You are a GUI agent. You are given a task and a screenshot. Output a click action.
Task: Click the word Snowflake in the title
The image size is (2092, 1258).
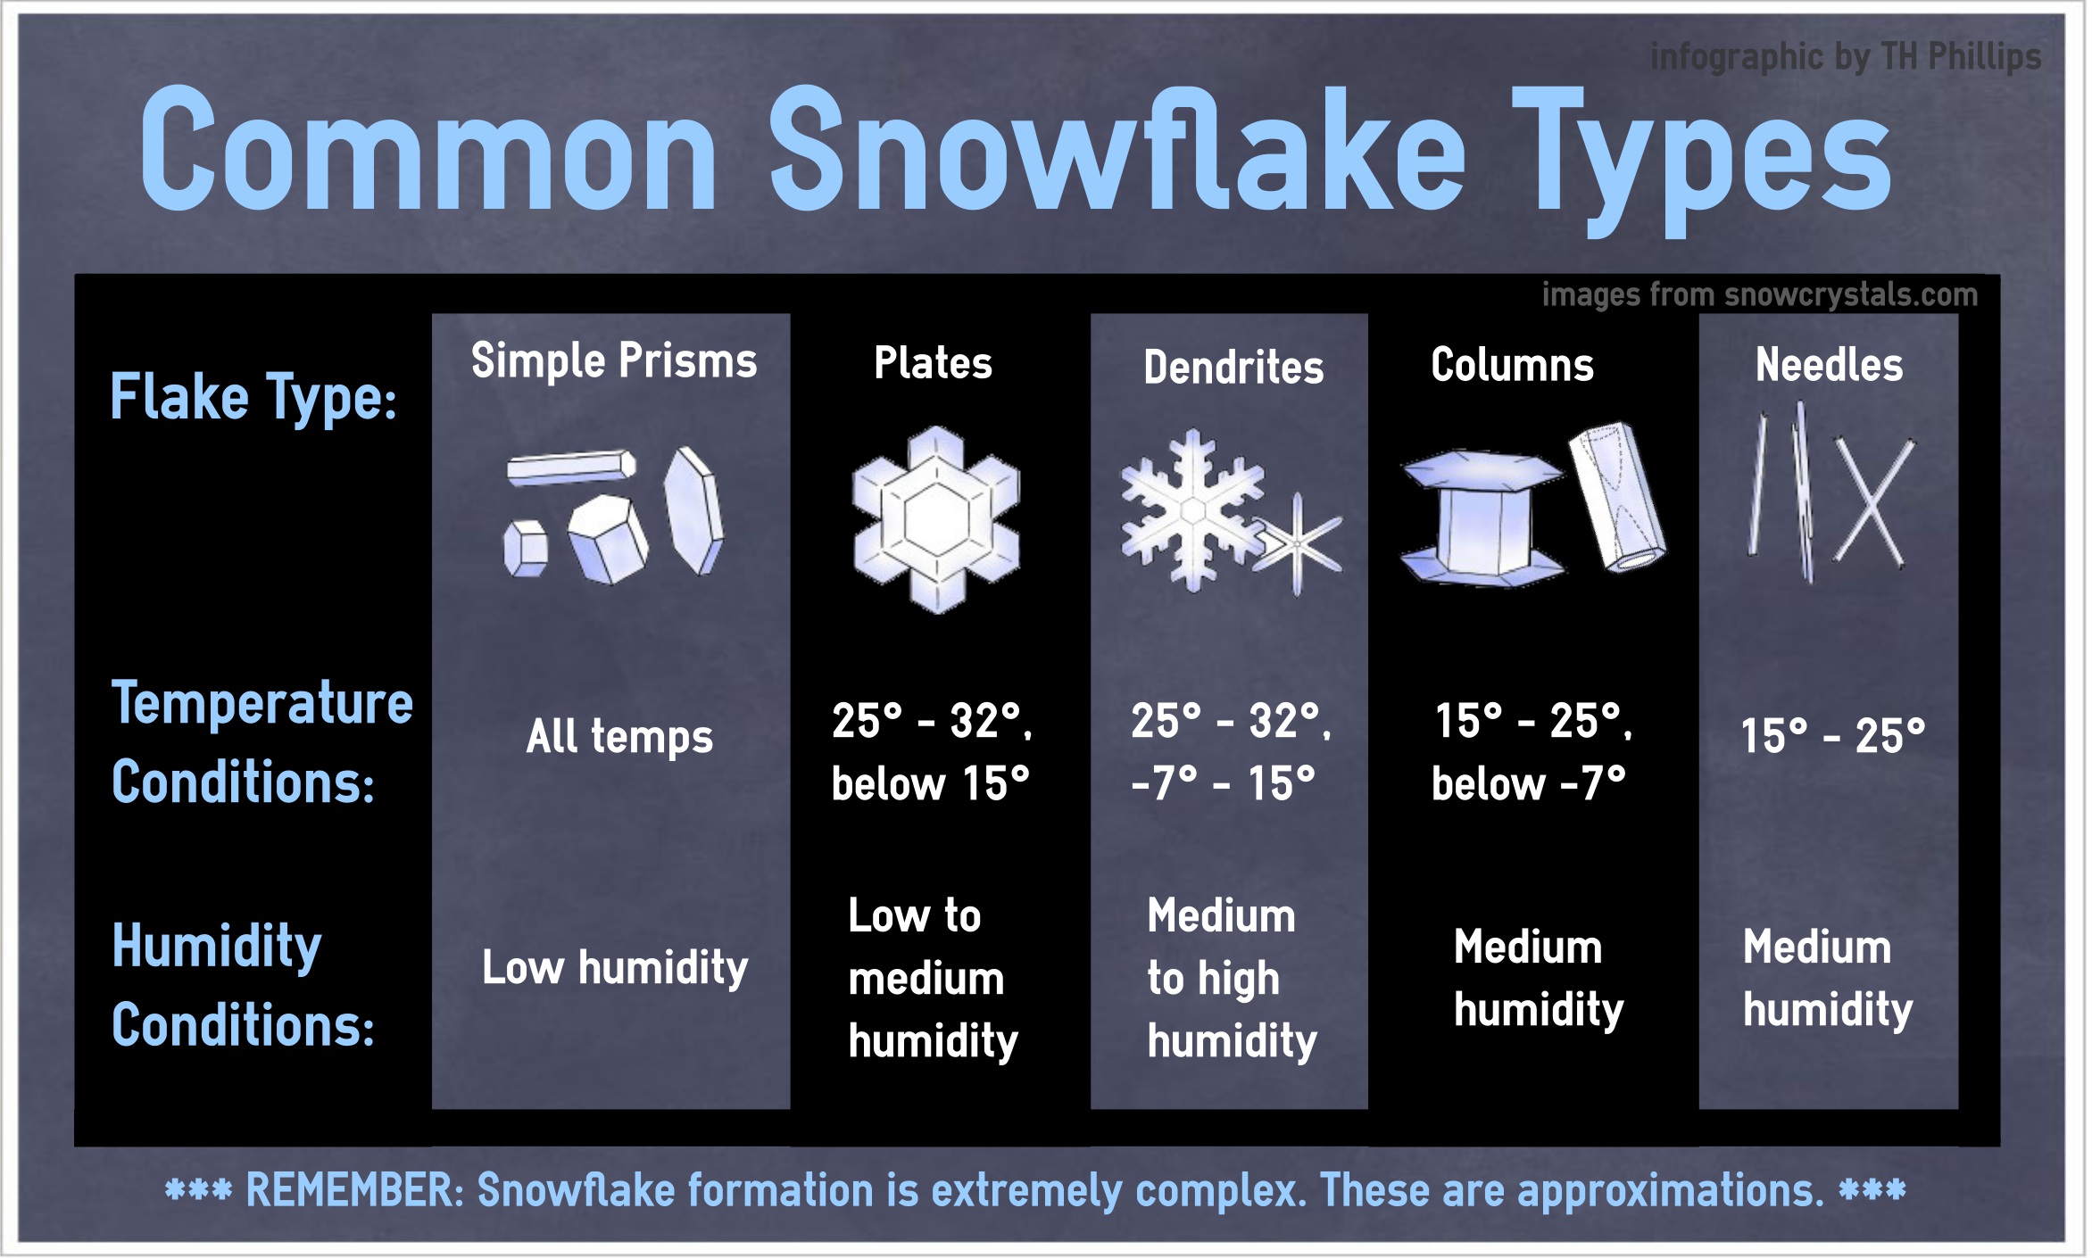pos(1116,152)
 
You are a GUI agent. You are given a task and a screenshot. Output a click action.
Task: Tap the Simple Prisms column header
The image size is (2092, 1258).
pos(614,361)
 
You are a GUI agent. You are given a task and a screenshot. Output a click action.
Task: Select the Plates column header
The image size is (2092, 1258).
pos(933,363)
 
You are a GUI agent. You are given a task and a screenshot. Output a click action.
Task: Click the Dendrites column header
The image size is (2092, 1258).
pos(1233,368)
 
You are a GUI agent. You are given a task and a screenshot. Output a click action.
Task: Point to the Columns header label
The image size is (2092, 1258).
pos(1512,365)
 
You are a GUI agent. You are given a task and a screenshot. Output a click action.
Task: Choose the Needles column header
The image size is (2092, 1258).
pos(1829,365)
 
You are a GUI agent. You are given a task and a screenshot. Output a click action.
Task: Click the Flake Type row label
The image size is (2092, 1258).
pos(253,398)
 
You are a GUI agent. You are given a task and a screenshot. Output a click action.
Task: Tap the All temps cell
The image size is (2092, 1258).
pos(619,737)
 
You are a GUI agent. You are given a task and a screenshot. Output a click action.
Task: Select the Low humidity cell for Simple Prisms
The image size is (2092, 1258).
pos(615,967)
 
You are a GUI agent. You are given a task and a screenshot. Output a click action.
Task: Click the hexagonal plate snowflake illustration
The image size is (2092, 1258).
pos(935,520)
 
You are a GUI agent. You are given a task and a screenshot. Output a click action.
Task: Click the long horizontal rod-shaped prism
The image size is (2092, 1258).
pos(571,468)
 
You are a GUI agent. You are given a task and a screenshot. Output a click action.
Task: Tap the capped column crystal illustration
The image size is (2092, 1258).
pos(1483,518)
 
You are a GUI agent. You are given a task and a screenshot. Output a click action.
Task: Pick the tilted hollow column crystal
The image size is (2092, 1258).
pos(1616,496)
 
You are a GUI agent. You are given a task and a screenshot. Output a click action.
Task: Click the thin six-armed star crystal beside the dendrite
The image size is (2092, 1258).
pos(1298,543)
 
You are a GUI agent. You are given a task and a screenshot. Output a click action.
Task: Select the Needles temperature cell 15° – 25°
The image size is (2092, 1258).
pos(1832,737)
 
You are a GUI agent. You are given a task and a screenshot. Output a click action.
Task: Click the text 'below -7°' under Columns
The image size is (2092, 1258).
pos(1528,785)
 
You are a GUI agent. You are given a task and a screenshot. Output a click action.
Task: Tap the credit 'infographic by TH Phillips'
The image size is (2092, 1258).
pos(1845,57)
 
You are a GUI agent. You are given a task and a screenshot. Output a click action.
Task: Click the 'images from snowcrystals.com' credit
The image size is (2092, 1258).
pos(1759,294)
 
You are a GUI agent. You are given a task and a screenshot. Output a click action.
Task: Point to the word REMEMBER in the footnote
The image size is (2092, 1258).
pos(354,1190)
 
